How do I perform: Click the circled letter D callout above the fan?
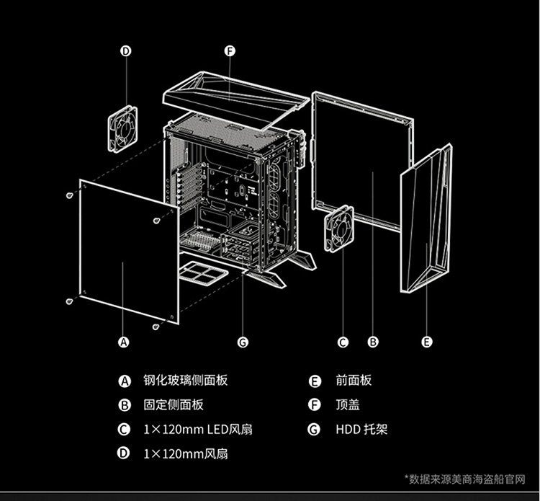pyautogui.click(x=125, y=51)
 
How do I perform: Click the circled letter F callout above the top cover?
pyautogui.click(x=230, y=51)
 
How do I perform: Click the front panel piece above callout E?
pyautogui.click(x=426, y=220)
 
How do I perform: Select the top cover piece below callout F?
pyautogui.click(x=230, y=97)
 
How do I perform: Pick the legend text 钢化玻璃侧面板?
pyautogui.click(x=185, y=381)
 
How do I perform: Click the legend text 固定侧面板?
pyautogui.click(x=174, y=405)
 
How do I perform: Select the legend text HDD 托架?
pyautogui.click(x=361, y=430)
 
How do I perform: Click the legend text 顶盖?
pyautogui.click(x=348, y=405)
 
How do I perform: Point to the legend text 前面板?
pyautogui.click(x=354, y=381)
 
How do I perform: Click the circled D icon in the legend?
pyautogui.click(x=124, y=454)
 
